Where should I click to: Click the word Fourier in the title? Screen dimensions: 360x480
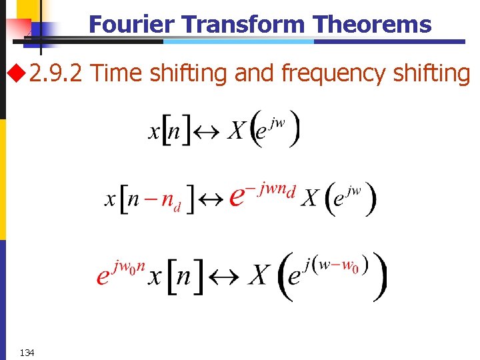pos(131,25)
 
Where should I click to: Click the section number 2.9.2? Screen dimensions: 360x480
pos(56,73)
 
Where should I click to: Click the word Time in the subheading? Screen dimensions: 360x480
pos(116,73)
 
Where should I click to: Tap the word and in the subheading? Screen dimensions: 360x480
pos(254,73)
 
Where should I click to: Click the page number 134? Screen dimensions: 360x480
pos(27,352)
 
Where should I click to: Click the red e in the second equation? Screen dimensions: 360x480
pos(237,197)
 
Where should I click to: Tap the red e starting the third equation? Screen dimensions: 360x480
pos(103,275)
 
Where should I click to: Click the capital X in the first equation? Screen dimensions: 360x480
pos(236,131)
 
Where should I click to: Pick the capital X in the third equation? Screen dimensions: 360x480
pos(260,275)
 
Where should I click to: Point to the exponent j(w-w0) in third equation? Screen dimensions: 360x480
pos(337,264)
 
